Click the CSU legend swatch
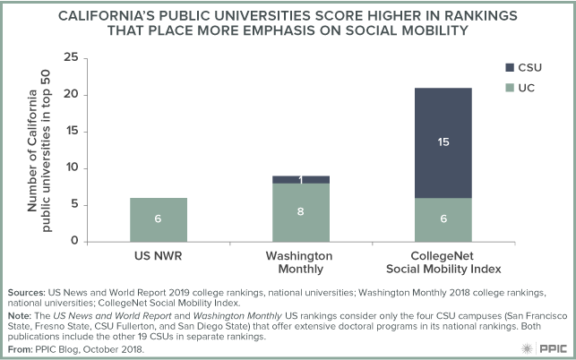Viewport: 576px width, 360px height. pos(511,67)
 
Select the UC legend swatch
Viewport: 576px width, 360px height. pos(511,86)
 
